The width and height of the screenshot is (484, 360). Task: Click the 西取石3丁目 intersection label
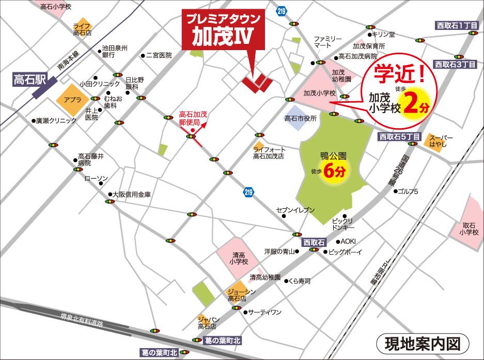[455, 65]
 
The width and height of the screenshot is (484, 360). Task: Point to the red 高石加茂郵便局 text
[193, 119]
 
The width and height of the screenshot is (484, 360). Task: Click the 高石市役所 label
[300, 118]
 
